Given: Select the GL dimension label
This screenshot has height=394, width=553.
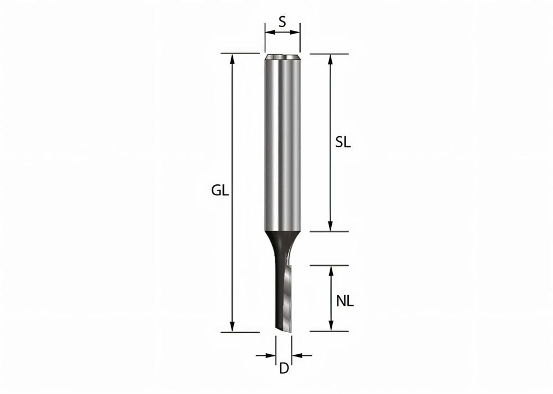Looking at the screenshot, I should (220, 191).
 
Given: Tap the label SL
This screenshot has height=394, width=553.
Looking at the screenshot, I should (343, 142).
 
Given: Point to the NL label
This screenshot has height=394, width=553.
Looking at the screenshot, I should (345, 301).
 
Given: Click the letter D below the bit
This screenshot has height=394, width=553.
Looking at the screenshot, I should (284, 369).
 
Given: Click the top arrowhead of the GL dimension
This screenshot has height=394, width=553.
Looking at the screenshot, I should (233, 58).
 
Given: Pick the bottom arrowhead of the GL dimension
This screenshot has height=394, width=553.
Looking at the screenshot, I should (233, 327).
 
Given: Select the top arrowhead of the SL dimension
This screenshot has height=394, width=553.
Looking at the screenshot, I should (331, 58).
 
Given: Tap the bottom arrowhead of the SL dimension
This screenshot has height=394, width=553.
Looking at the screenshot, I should (331, 227).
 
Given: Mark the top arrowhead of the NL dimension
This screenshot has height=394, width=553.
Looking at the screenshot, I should (331, 270).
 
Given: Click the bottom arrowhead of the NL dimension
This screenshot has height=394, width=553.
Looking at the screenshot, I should (331, 327).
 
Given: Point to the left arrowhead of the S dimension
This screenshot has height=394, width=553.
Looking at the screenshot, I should (269, 33).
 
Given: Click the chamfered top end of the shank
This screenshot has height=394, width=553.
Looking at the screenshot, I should (282, 56).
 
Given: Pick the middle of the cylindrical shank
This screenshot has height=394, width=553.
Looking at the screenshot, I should (282, 143).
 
